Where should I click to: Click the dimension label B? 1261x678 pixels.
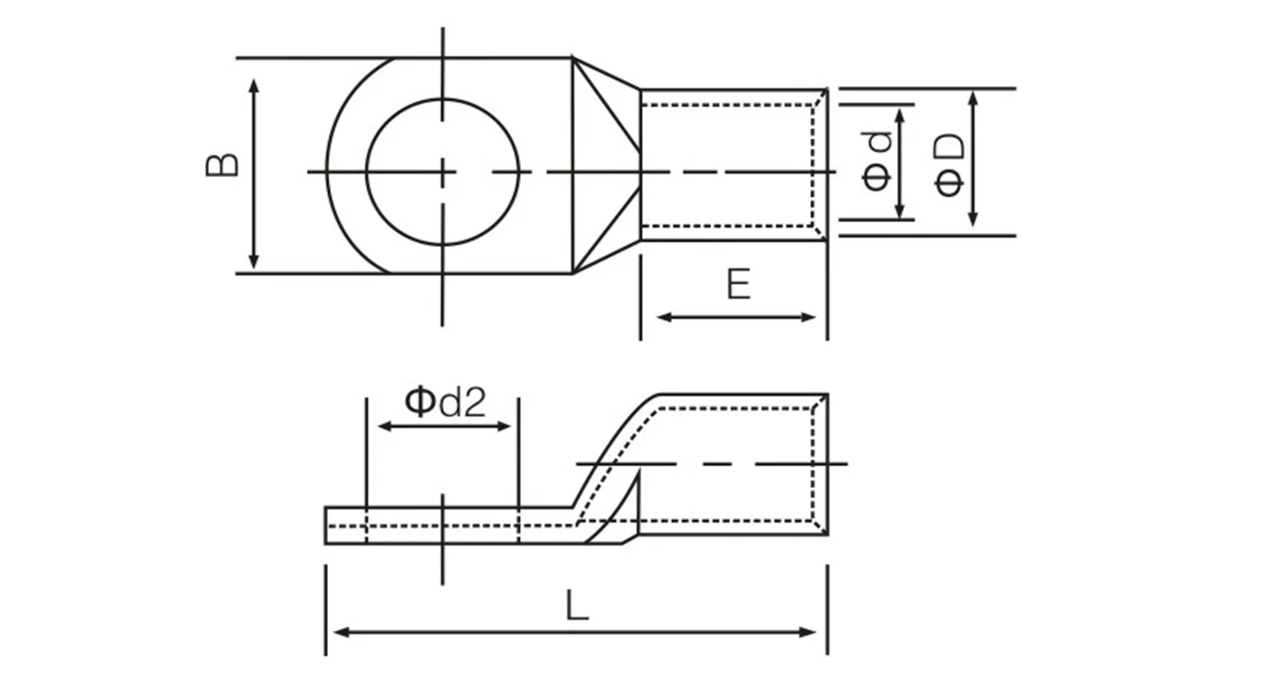pos(223,165)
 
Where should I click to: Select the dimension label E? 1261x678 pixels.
pos(738,285)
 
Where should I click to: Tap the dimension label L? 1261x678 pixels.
pos(577,606)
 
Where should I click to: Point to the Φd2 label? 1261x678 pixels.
pos(445,402)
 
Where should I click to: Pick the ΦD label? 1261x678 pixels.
pos(949,164)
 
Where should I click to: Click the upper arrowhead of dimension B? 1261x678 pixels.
pos(255,86)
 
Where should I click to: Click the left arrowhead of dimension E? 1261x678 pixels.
pos(664,317)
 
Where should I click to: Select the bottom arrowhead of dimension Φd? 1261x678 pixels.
pos(899,210)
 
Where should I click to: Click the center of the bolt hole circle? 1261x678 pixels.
pos(443,171)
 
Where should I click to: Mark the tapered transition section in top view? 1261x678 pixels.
pos(604,165)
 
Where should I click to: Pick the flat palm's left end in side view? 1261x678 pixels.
pos(329,525)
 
